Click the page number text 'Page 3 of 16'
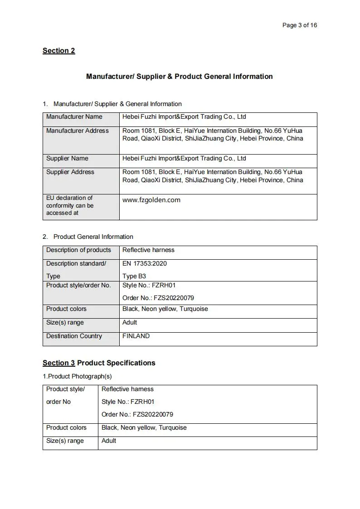pos(299,25)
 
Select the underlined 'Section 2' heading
pos(58,51)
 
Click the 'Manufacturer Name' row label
pos(74,117)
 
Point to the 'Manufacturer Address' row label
pos(78,131)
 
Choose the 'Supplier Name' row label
pos(67,159)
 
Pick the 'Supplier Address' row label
pos(70,172)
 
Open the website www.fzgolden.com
pos(151,200)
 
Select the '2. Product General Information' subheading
pos(93,237)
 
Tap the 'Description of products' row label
pos(78,250)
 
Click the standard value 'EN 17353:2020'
pos(144,264)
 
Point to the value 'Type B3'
pos(134,276)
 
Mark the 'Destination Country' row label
pos(74,336)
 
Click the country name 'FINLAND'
pos(136,336)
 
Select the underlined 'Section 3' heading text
pos(58,363)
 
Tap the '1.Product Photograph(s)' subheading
pos(77,376)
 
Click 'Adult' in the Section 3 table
pos(109,441)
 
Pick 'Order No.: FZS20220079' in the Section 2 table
pos(158,298)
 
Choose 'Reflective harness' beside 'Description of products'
pos(148,250)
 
